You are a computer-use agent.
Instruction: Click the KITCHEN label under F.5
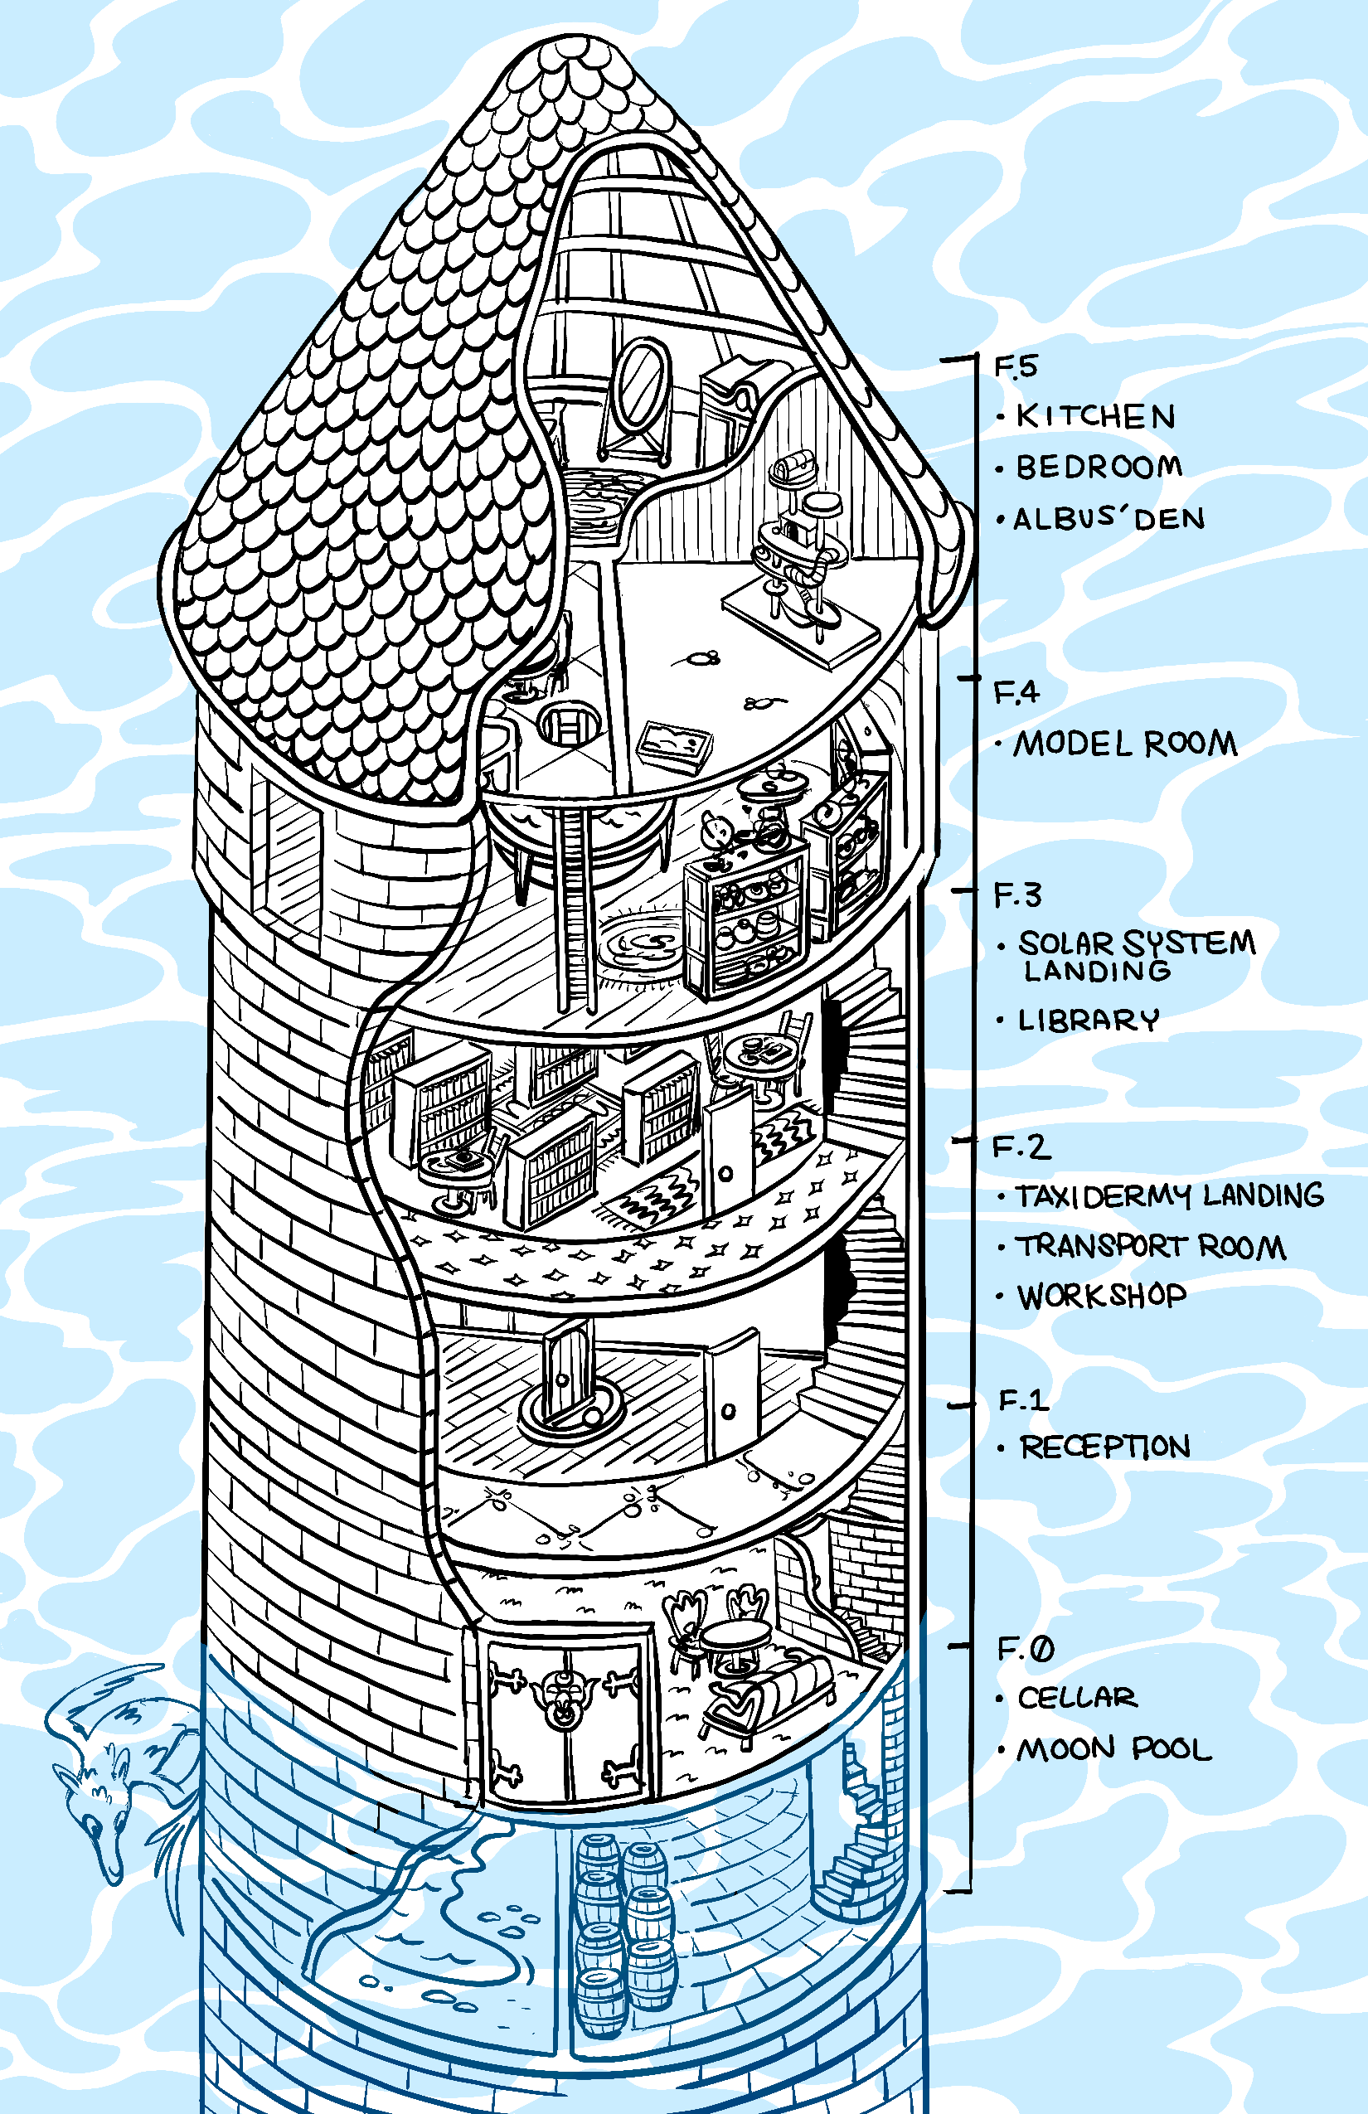pyautogui.click(x=1095, y=415)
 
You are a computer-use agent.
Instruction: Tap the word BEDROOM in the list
pyautogui.click(x=1099, y=468)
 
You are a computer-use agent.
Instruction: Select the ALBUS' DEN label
pyautogui.click(x=1109, y=519)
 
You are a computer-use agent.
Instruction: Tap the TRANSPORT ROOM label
pyautogui.click(x=1152, y=1247)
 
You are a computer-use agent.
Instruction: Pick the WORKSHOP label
pyautogui.click(x=1103, y=1297)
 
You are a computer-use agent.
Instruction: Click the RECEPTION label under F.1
pyautogui.click(x=1105, y=1447)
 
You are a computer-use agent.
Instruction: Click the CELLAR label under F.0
pyautogui.click(x=1077, y=1699)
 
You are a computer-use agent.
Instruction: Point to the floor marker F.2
pyautogui.click(x=1021, y=1147)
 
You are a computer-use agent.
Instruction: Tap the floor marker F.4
pyautogui.click(x=1016, y=692)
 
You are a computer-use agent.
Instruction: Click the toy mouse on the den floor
pyautogui.click(x=701, y=659)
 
